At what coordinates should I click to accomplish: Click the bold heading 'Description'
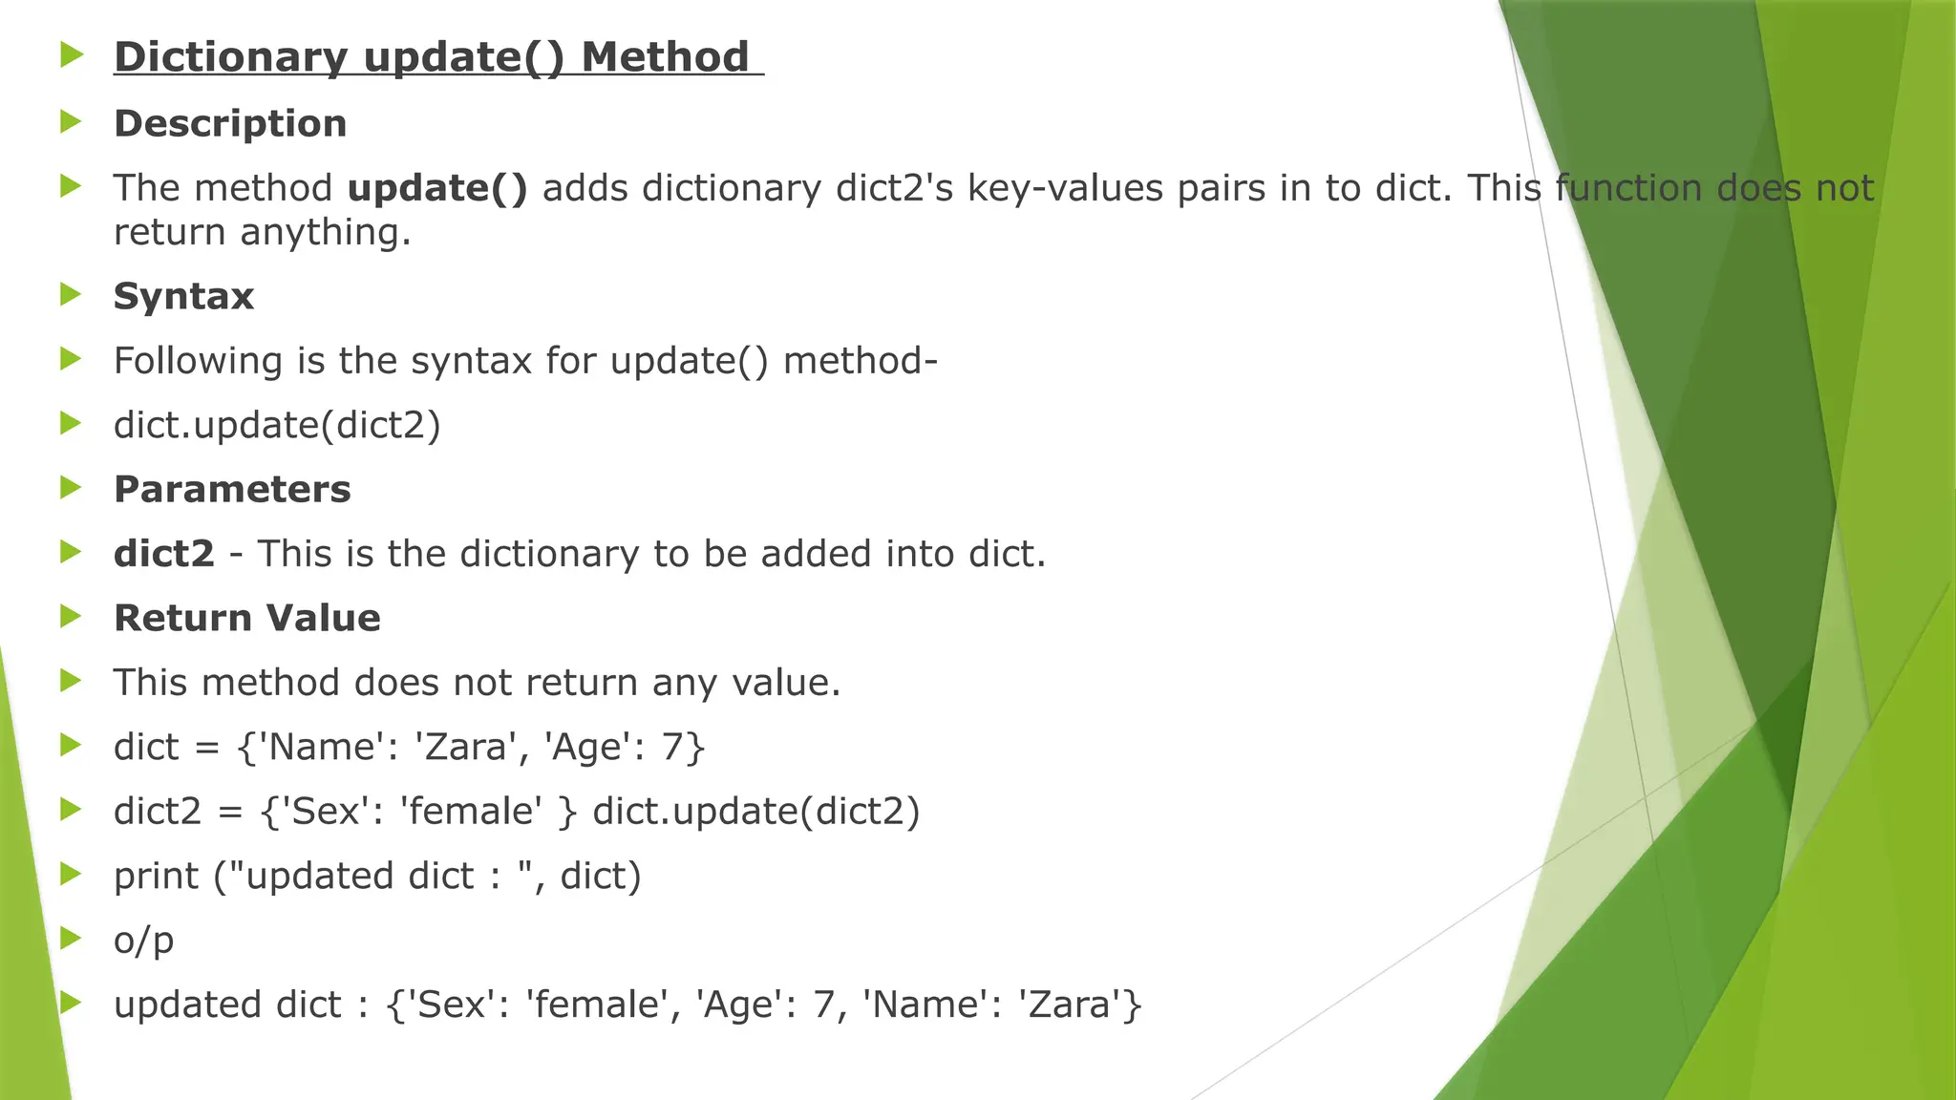(230, 124)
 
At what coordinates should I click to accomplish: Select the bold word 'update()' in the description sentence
(437, 188)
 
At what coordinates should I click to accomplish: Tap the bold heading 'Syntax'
(183, 297)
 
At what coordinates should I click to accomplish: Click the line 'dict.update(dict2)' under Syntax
(277, 425)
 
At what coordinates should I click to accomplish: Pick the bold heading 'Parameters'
(232, 490)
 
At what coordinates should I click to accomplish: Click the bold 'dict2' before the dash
(164, 554)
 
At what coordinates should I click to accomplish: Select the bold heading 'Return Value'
(247, 619)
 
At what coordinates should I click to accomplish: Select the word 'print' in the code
(157, 877)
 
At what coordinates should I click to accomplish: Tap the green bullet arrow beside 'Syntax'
(71, 294)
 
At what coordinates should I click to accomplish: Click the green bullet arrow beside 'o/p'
(71, 938)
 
